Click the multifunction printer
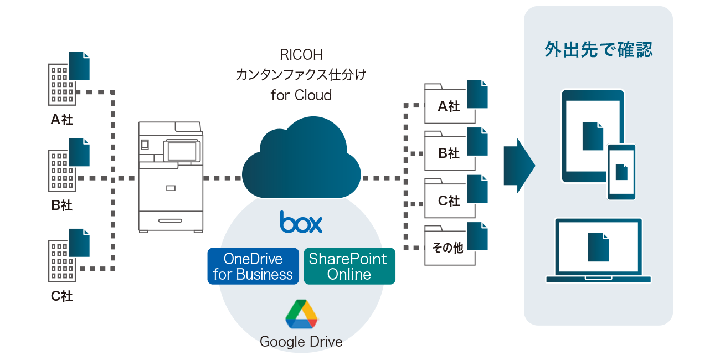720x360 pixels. pos(171,177)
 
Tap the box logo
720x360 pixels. pos(301,222)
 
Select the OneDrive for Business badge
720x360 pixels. pos(253,266)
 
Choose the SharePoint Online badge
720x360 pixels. pos(349,266)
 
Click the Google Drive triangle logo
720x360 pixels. pos(301,314)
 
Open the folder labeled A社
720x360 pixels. pos(449,106)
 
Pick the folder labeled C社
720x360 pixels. pos(449,201)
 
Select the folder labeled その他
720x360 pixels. pos(449,248)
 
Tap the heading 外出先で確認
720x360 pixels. pos(598,50)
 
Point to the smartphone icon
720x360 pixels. pos(621,172)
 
